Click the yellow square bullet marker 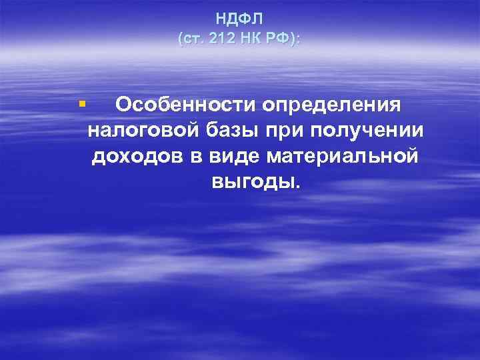pyautogui.click(x=82, y=103)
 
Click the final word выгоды pyautogui.click(x=251, y=182)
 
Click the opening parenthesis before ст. pyautogui.click(x=181, y=39)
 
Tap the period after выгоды pyautogui.click(x=297, y=187)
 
